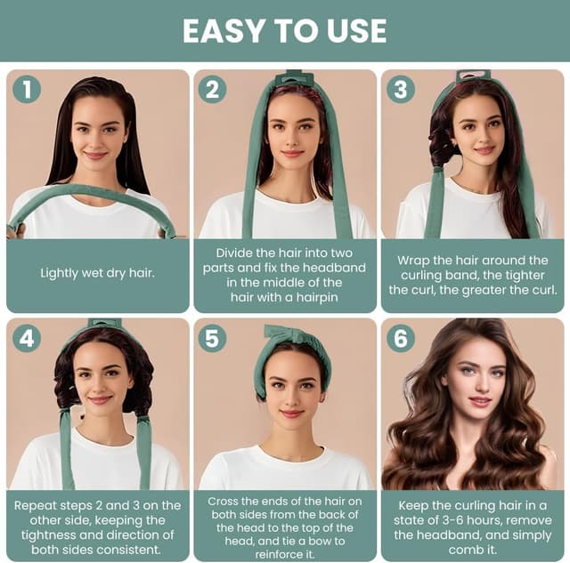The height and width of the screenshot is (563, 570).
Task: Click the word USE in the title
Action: click(x=356, y=31)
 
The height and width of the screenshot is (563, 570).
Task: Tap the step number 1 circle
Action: click(x=27, y=89)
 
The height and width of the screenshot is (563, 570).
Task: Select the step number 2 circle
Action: click(x=213, y=89)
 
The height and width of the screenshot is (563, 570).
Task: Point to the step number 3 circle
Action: click(x=400, y=89)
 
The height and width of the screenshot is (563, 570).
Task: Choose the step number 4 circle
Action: click(x=27, y=338)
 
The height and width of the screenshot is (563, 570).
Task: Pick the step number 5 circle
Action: click(x=213, y=338)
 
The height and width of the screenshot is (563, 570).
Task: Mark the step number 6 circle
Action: click(x=400, y=338)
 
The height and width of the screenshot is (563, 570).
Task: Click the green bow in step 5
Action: click(x=289, y=334)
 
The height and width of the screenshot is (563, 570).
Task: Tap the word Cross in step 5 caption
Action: click(x=223, y=502)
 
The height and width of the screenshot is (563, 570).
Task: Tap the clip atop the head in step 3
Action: click(x=473, y=76)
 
